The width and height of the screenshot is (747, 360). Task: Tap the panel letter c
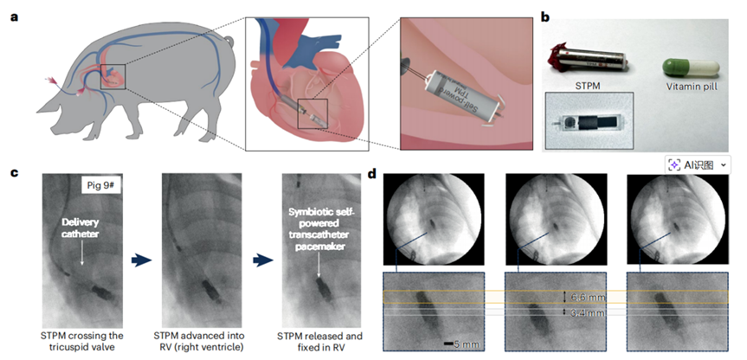coord(14,173)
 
